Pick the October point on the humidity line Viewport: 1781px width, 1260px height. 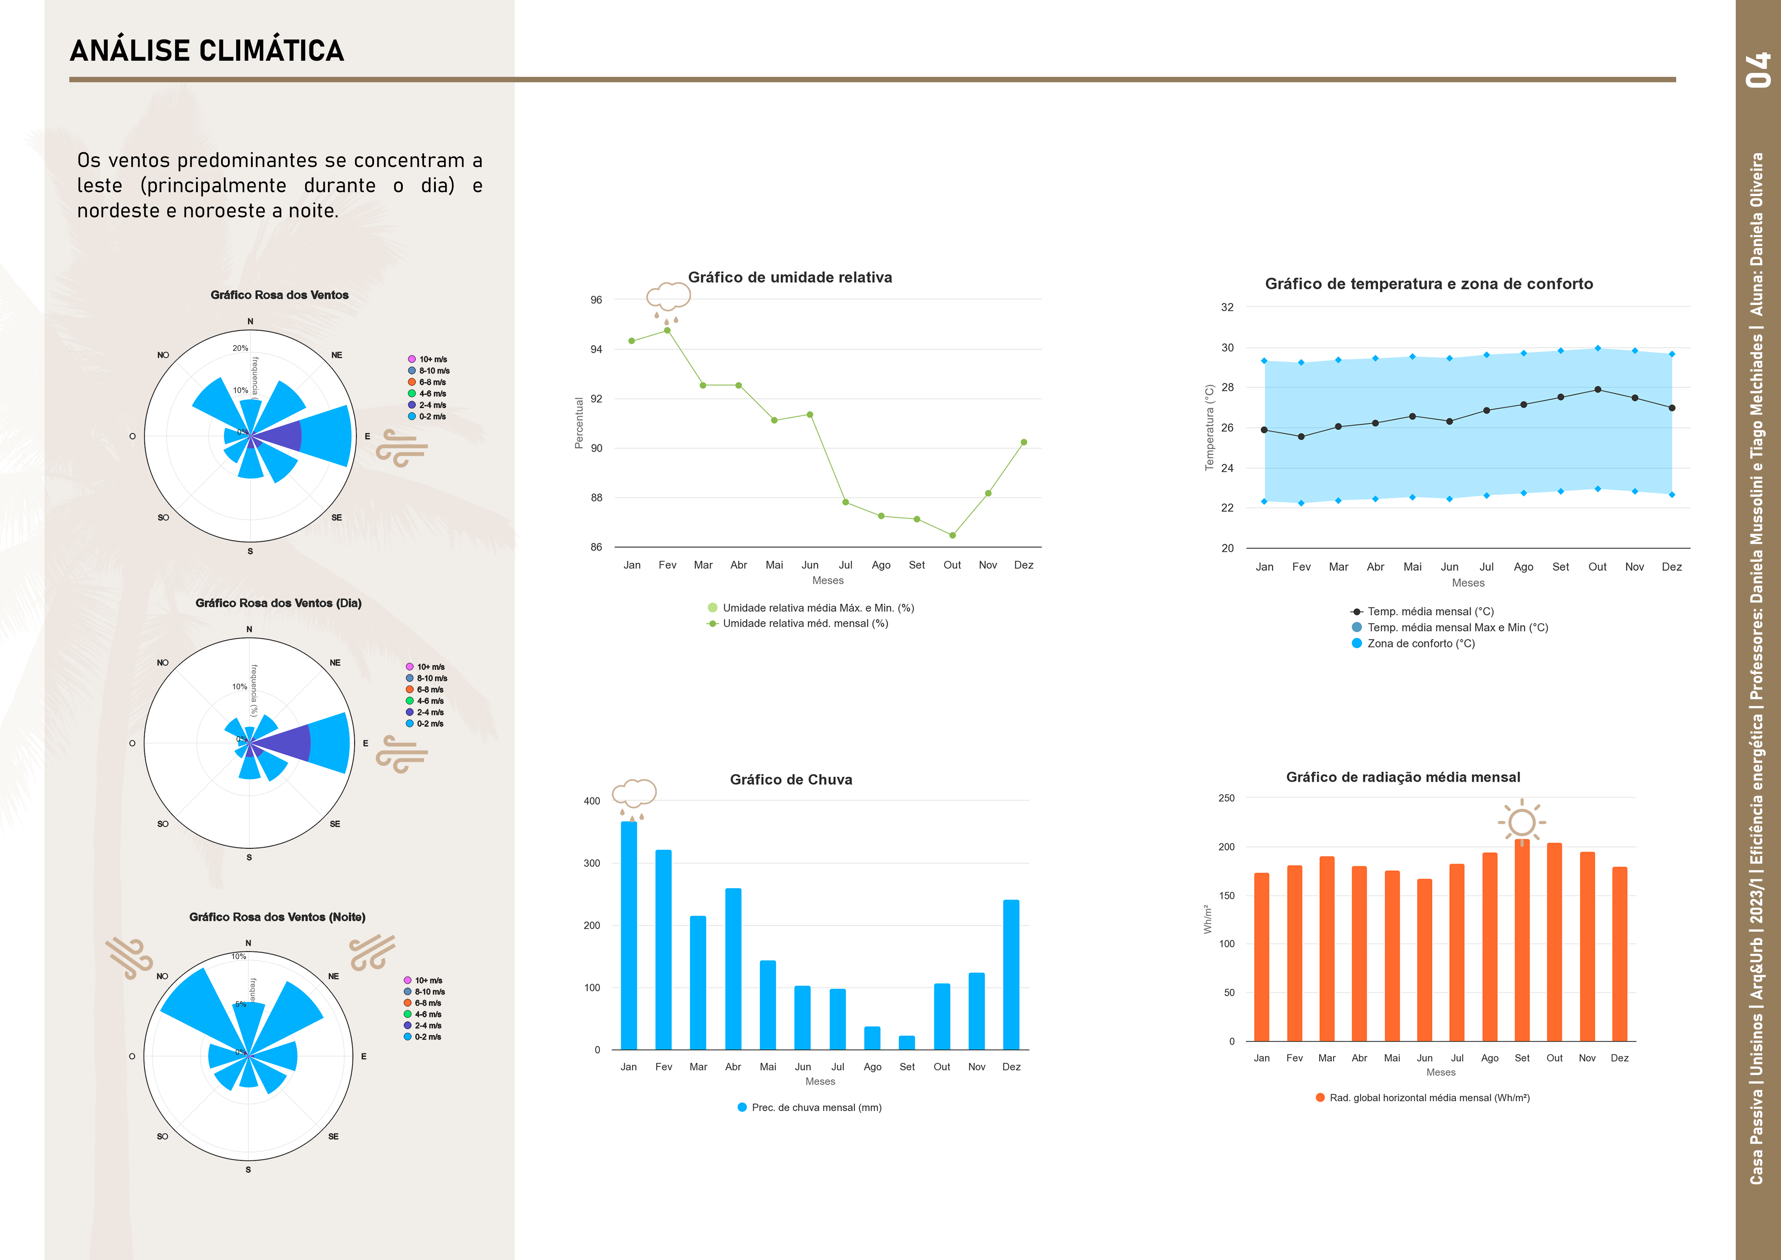coord(952,535)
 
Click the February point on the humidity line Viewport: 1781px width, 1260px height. coord(667,330)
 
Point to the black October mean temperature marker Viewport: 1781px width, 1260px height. coord(1597,389)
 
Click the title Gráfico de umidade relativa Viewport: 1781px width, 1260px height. coord(790,278)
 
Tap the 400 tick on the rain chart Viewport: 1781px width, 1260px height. coord(592,801)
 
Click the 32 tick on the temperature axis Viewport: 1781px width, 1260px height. coord(1227,307)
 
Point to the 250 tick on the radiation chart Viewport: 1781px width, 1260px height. coord(1226,798)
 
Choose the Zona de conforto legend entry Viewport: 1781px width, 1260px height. coord(1420,643)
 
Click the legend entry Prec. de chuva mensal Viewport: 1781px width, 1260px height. coord(816,1107)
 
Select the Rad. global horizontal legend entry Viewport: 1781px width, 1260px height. coord(1429,1098)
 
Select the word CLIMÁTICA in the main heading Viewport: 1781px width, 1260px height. coord(271,51)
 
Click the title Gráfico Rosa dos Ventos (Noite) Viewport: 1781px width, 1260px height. coord(277,917)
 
